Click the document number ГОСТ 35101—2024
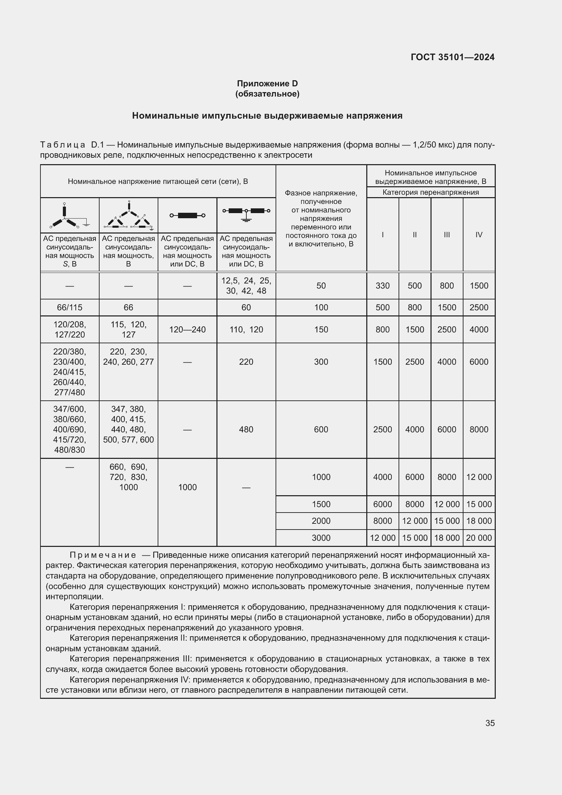pos(452,57)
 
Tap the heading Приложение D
pos(267,84)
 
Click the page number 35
pos(490,723)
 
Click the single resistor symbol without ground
pos(187,215)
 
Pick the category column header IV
pos(479,235)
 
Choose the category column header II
pos(415,235)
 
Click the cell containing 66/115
pos(70,308)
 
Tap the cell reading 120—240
pos(187,330)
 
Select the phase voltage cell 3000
pos(321,538)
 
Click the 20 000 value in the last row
pos(479,538)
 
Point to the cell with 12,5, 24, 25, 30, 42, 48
pos(246,286)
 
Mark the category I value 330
pos(382,286)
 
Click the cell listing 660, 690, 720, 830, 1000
pos(128,477)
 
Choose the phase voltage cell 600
pos(321,429)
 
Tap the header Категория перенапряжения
pos(431,192)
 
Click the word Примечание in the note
pos(103,555)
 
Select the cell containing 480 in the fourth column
pos(246,429)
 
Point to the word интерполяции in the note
pos(74,597)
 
